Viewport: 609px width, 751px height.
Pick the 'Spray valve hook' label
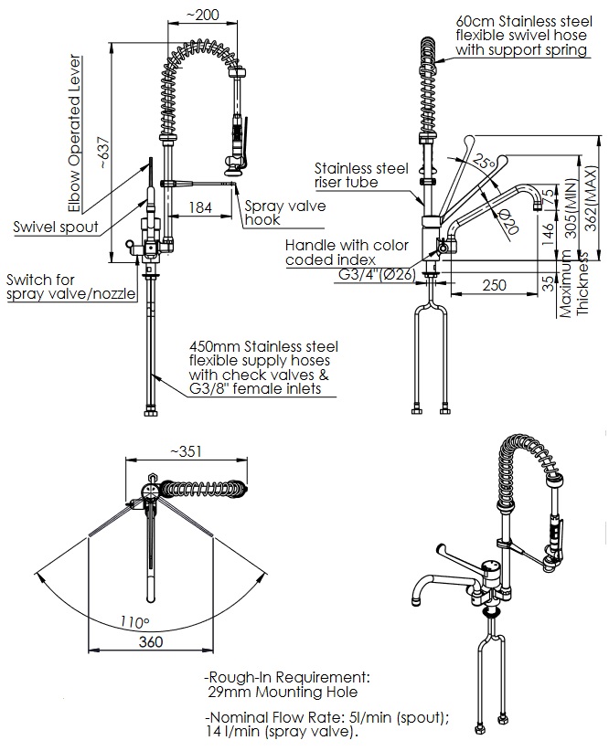point(284,213)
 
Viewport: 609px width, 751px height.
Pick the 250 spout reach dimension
point(494,285)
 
